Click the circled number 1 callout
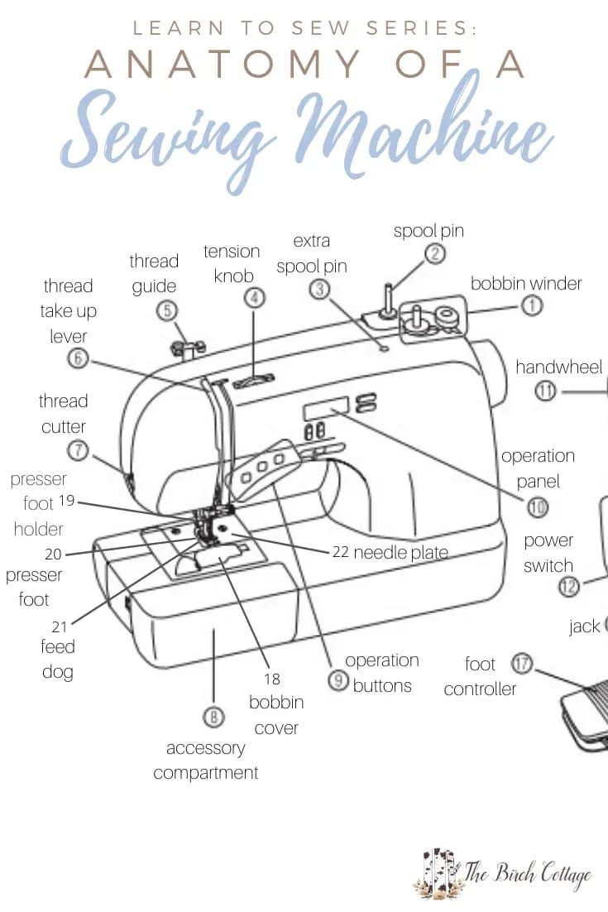point(531,305)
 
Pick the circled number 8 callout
point(213,718)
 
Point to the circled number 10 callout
point(538,507)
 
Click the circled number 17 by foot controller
point(522,663)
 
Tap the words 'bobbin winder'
point(526,283)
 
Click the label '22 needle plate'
point(390,552)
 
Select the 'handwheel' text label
point(559,366)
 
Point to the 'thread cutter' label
point(63,414)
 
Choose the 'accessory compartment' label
point(205,761)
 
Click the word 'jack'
point(584,626)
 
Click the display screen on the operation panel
point(325,409)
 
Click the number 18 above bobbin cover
point(271,679)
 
